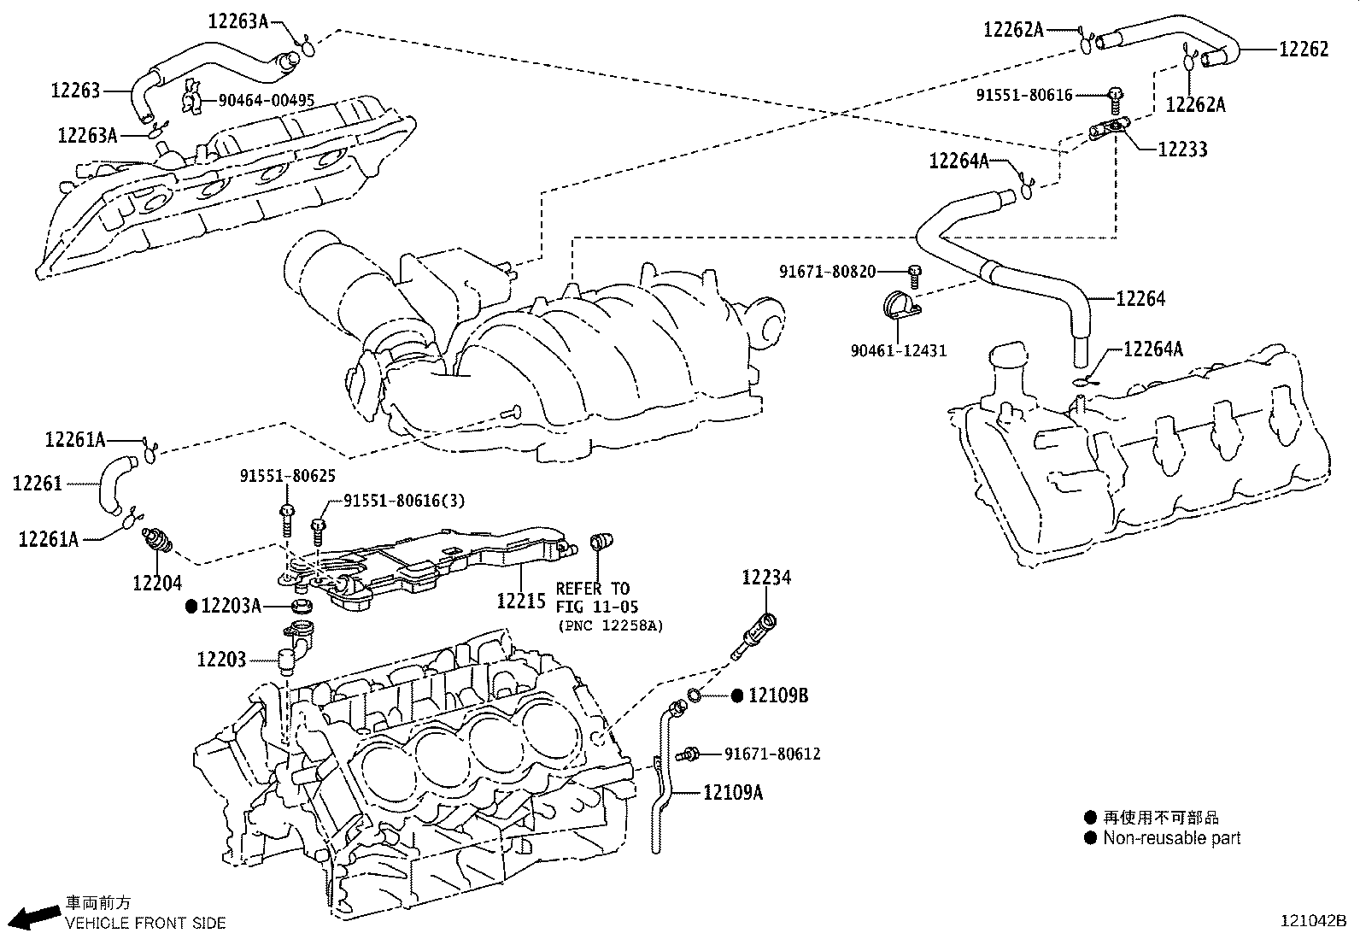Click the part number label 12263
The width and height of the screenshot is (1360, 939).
coord(75,90)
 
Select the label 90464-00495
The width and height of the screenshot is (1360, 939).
coord(266,101)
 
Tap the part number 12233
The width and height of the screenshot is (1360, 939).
coord(1182,150)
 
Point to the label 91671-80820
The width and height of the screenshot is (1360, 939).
coord(827,272)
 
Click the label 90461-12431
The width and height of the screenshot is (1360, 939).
coord(898,351)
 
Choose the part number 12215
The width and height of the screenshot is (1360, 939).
coord(520,601)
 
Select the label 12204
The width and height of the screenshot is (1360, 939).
coord(157,583)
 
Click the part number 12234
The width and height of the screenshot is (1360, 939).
coord(766,578)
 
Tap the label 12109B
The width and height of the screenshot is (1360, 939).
coord(778,695)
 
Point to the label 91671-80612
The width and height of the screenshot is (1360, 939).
coord(772,754)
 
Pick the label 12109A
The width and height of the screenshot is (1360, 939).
coord(733,793)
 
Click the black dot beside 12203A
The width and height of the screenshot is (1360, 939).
coord(191,606)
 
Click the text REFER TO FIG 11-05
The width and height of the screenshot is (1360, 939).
coord(593,598)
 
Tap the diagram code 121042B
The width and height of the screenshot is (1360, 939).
coord(1312,921)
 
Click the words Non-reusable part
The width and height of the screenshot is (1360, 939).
coord(1171,838)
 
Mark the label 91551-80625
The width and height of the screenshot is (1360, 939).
coord(287,475)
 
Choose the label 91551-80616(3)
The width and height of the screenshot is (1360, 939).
coord(404,501)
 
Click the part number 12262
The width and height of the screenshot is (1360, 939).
coord(1304,50)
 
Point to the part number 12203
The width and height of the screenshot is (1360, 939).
coord(221,660)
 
